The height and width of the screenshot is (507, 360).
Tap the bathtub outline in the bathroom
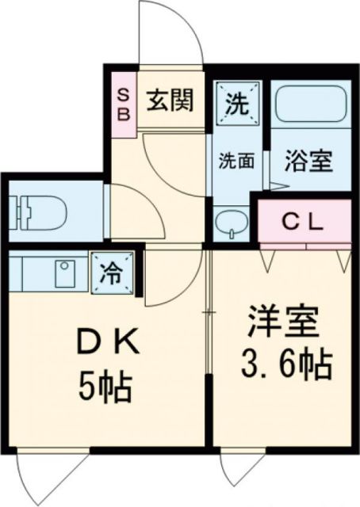(309, 106)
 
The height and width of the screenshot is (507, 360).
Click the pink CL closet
(304, 223)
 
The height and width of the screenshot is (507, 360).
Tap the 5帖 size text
(105, 388)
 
